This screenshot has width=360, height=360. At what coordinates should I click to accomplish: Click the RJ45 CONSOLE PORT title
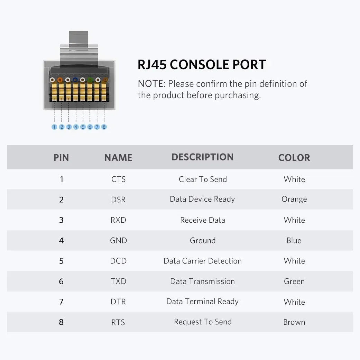point(202,65)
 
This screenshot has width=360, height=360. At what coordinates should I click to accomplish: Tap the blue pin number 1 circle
point(54,127)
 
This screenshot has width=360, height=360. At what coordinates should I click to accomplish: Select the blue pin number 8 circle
point(104,127)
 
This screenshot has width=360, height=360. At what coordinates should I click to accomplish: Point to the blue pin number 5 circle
point(83,127)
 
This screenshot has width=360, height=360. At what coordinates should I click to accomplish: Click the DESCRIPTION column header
point(203,157)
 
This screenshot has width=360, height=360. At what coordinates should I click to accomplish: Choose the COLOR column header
point(294,158)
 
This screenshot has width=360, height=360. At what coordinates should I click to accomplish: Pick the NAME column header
point(118,158)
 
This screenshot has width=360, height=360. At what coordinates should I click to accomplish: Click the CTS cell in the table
point(119,179)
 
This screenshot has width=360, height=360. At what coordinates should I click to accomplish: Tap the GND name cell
point(119,240)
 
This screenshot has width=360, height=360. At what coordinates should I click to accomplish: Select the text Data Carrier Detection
point(203,261)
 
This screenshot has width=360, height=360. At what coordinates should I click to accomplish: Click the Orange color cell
point(294,199)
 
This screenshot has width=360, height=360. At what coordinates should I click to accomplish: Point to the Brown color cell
point(294,322)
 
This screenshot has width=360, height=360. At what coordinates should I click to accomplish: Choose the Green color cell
point(294,281)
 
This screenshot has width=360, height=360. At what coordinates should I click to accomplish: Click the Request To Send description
point(203,322)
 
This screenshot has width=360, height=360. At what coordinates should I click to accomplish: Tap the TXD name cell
point(119,281)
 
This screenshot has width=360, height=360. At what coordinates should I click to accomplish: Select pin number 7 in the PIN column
point(61,302)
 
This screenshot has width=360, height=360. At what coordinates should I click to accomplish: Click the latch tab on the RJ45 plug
point(79,40)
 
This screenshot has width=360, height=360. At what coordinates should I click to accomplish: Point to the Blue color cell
point(294,240)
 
